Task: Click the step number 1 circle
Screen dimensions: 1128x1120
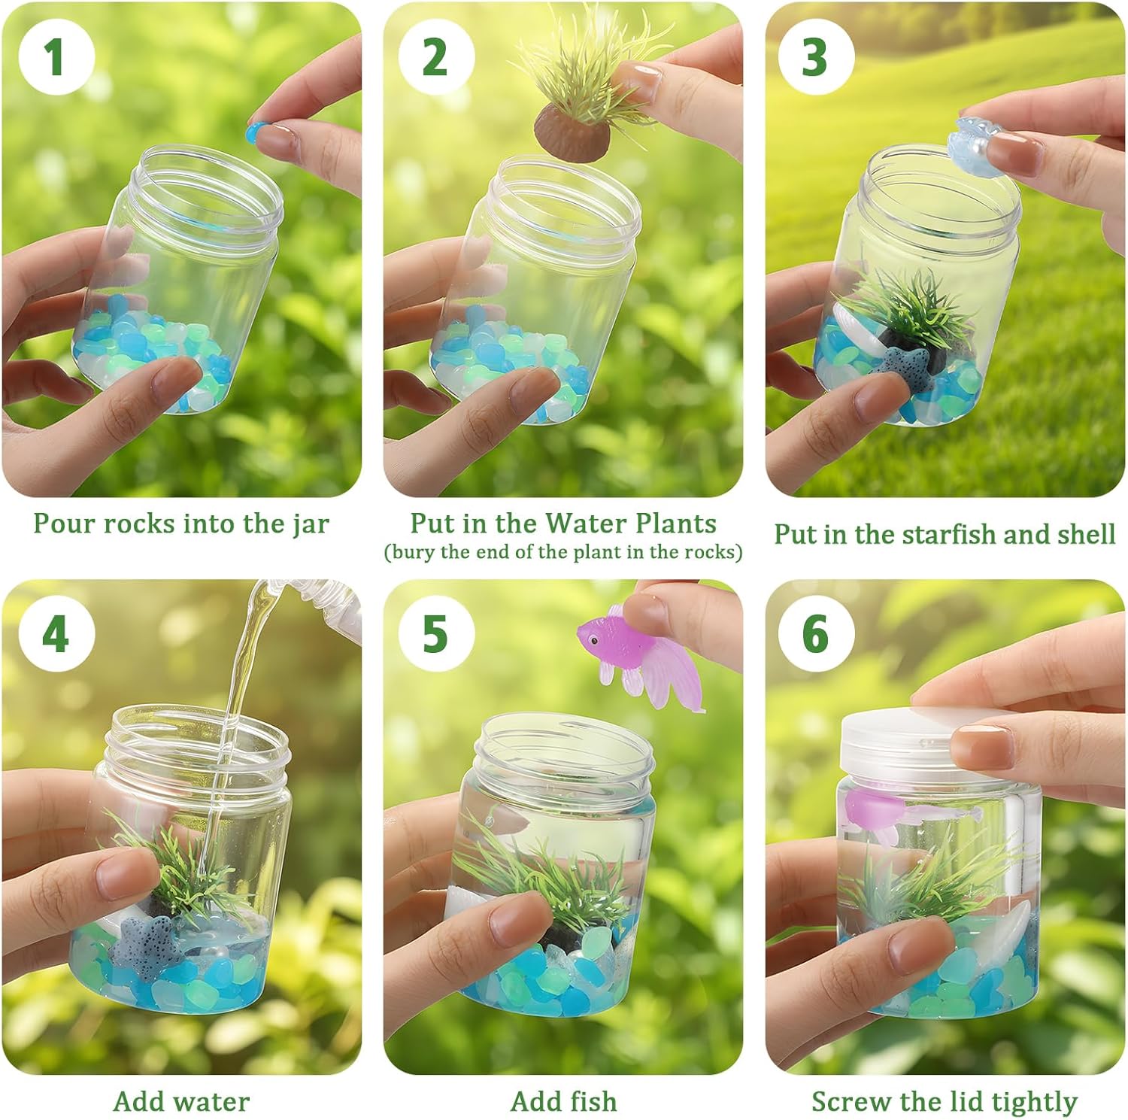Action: click(56, 57)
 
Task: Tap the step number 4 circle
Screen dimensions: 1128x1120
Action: click(56, 633)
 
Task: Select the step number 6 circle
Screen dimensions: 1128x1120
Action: click(816, 633)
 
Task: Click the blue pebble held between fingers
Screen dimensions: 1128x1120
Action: click(256, 132)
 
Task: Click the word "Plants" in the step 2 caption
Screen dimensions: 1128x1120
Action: click(675, 523)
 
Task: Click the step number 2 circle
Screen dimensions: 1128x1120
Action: click(436, 57)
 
